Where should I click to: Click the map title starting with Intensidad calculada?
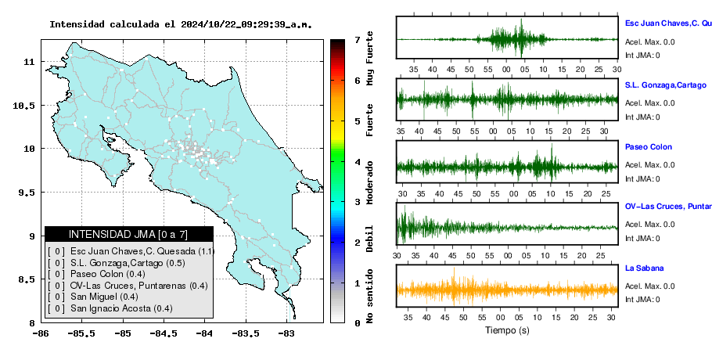(x=181, y=24)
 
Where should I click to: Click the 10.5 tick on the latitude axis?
(x=24, y=106)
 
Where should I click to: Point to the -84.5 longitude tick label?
(x=164, y=333)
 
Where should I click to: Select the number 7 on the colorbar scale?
(x=358, y=40)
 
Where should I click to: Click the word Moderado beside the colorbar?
(x=370, y=182)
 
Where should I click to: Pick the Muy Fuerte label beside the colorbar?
(x=370, y=59)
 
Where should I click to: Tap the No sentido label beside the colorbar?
(x=370, y=296)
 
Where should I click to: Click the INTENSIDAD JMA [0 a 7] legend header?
(x=128, y=234)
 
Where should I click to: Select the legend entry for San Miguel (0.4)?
(x=104, y=297)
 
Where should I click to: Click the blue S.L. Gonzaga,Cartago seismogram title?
(x=666, y=85)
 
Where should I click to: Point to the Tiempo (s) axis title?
(x=507, y=330)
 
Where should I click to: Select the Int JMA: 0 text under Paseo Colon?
(x=642, y=179)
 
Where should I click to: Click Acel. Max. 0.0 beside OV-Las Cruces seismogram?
(x=649, y=225)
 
